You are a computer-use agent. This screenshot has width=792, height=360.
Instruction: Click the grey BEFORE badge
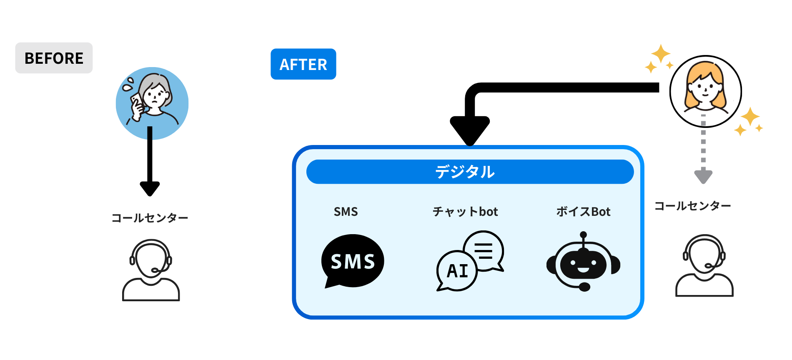[x=54, y=58]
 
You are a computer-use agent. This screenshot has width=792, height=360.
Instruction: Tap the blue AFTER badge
[x=303, y=64]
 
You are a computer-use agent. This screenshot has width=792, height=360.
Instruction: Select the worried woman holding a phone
[x=152, y=102]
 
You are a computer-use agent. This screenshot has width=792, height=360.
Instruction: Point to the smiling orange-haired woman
[x=705, y=91]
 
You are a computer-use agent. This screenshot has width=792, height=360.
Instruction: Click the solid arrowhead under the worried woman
[x=150, y=188]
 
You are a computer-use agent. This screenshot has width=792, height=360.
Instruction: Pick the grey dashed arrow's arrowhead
[x=703, y=176]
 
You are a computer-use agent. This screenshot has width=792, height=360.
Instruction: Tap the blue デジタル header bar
[x=470, y=172]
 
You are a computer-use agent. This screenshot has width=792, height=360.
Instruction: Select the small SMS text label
[x=346, y=212]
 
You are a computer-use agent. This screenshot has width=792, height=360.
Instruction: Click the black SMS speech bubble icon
[x=353, y=261]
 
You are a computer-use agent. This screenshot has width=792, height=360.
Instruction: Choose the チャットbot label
[x=465, y=212]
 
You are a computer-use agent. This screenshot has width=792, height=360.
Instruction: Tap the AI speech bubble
[x=457, y=271]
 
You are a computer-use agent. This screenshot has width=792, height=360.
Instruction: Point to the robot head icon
[x=583, y=265]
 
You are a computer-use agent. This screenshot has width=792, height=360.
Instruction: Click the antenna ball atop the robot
[x=583, y=235]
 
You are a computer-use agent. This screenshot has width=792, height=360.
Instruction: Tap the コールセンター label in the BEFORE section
[x=150, y=218]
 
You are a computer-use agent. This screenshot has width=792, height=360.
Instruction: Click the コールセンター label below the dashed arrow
[x=692, y=206]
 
